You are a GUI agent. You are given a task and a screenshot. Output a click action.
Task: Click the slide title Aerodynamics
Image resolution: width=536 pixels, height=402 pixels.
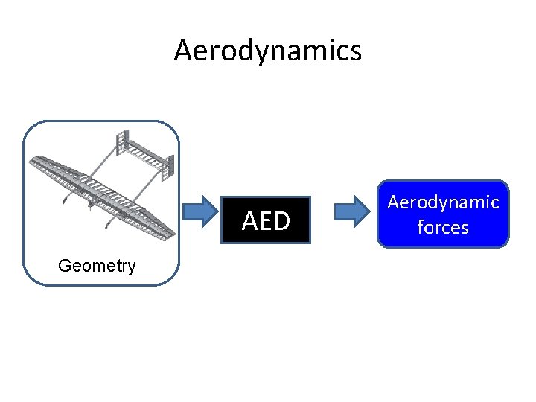tap(268, 51)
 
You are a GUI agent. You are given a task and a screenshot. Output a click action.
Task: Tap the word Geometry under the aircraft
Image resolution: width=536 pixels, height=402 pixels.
tap(97, 266)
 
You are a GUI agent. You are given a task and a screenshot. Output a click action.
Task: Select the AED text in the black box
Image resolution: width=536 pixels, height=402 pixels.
tap(266, 221)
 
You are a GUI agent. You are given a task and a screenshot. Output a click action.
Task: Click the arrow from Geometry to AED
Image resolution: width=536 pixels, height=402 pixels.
tap(202, 212)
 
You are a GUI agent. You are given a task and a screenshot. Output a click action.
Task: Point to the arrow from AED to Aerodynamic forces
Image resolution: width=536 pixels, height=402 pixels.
tap(353, 212)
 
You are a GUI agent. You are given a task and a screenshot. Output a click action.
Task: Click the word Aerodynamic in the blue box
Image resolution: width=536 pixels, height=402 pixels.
tap(443, 202)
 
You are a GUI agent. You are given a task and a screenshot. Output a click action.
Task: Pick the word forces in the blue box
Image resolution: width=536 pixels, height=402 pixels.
tap(443, 227)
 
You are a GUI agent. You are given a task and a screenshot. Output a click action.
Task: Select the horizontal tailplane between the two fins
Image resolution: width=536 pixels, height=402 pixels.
tap(146, 154)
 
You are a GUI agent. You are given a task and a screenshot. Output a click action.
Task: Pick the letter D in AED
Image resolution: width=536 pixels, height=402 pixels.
tap(281, 221)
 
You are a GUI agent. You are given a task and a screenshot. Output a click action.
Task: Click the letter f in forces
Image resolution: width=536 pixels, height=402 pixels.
tap(421, 227)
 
